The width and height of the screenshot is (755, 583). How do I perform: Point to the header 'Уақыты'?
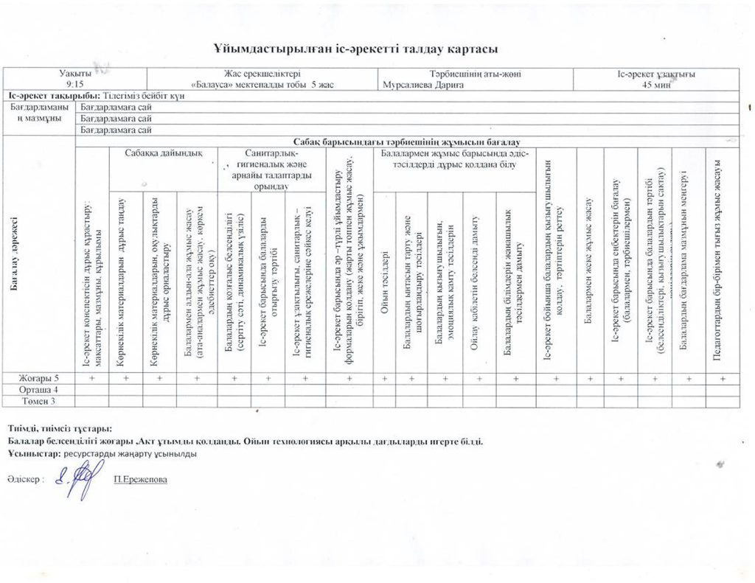(75, 74)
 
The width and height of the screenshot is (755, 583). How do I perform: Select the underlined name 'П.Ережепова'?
(140, 480)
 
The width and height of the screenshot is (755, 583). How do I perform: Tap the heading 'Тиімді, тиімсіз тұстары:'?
(60, 428)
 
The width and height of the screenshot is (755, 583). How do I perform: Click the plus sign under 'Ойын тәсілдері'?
(384, 378)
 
